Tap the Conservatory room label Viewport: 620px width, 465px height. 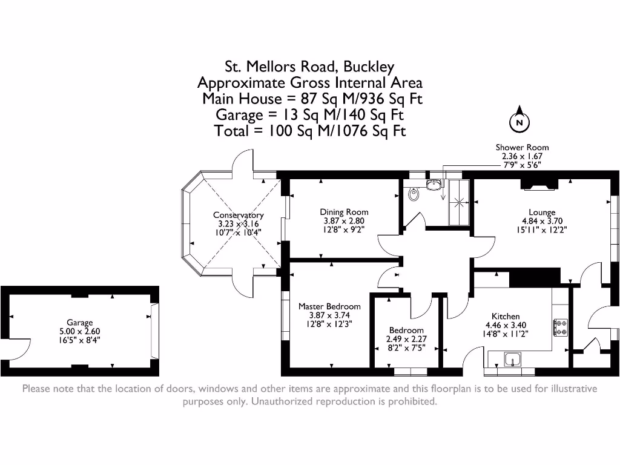238,215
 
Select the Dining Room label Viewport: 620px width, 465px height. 344,212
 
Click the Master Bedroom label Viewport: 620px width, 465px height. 329,306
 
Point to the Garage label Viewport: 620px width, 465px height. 80,323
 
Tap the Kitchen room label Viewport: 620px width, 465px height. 505,316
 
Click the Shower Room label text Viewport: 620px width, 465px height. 522,147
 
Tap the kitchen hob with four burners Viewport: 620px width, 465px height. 560,328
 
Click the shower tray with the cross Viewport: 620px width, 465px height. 459,202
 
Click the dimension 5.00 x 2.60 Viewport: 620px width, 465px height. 80,331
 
